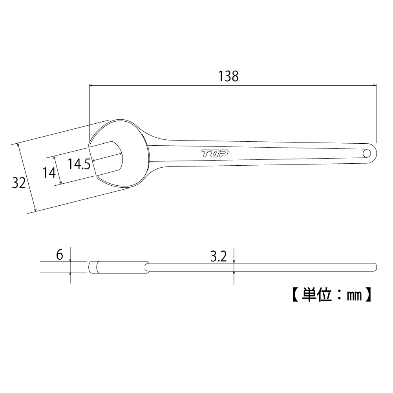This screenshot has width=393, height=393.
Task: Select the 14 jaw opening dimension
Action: click(x=49, y=173)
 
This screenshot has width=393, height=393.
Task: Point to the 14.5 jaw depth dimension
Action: click(x=79, y=164)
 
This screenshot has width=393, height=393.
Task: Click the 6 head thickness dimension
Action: click(x=59, y=255)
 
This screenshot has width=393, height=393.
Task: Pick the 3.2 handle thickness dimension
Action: click(x=219, y=256)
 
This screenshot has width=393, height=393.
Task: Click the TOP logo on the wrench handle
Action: click(x=215, y=154)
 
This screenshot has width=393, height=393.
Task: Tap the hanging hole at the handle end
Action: click(x=367, y=153)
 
